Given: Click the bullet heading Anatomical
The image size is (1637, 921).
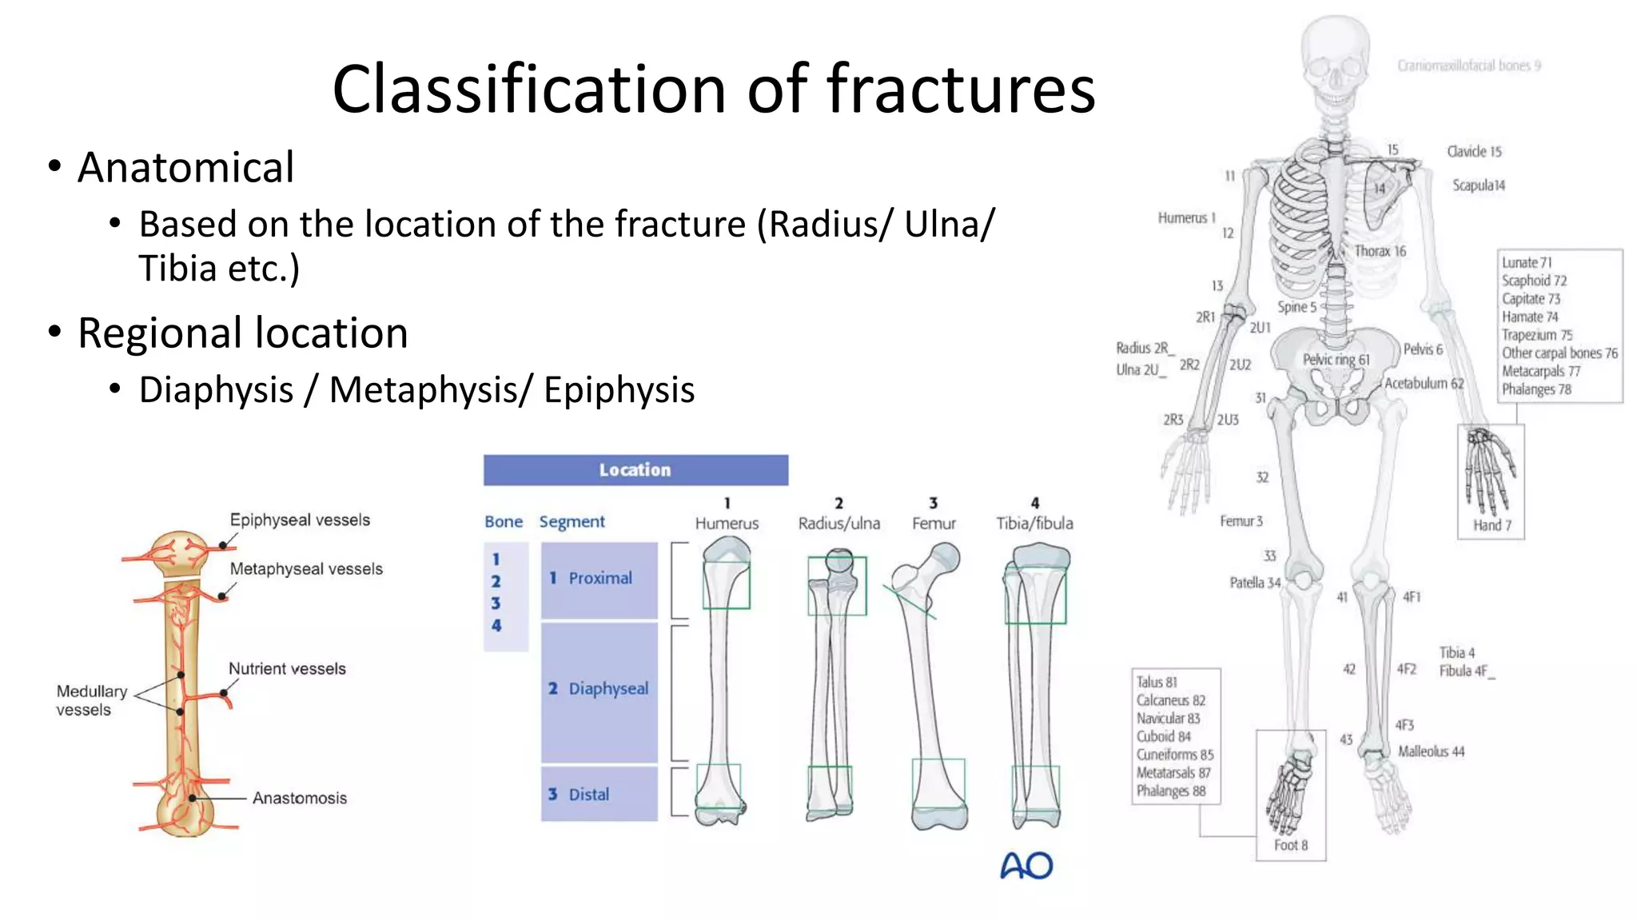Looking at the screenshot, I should point(185,168).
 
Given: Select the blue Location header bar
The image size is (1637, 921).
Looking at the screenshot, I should point(635,470).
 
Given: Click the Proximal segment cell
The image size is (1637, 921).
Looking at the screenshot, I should point(599,579).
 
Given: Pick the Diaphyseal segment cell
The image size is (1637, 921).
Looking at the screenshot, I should point(599,689).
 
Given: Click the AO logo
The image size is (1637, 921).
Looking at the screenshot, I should point(1026,866).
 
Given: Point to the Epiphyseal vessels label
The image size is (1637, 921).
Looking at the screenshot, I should point(300,520).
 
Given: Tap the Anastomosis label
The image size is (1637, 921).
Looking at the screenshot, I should point(300,798).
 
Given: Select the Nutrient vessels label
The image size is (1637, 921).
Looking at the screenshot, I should point(287,669).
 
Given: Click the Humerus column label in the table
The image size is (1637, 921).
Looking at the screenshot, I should point(727,524).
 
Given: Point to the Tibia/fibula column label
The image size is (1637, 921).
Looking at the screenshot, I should point(1034,524).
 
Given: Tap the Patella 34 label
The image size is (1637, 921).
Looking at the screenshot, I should point(1254,583).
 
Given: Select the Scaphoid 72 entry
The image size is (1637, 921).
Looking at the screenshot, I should point(1533,281).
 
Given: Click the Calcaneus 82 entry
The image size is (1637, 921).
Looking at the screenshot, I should point(1170,700).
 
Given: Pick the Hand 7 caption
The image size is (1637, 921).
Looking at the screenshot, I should point(1492,525).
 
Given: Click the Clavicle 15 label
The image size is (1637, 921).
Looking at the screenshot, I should point(1474,152).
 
